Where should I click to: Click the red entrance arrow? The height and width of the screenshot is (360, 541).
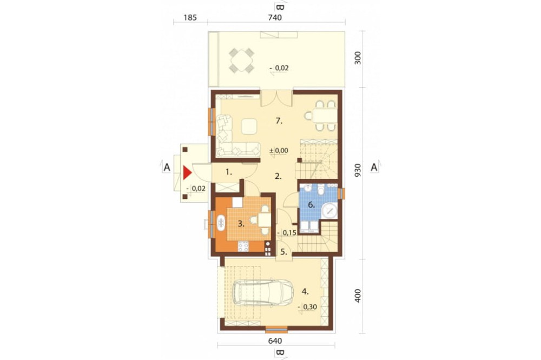click(187, 173)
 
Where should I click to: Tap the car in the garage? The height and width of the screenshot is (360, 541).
click(262, 292)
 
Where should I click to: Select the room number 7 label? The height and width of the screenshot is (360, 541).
click(279, 121)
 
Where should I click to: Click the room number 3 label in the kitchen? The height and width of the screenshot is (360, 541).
click(241, 224)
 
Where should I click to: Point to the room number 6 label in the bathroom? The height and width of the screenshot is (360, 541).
click(311, 205)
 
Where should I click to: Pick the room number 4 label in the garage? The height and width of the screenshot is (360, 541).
click(305, 291)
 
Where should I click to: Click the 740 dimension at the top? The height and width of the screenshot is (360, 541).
click(275, 17)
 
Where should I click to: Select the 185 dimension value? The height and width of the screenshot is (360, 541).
click(190, 17)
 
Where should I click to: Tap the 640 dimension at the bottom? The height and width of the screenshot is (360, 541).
click(275, 341)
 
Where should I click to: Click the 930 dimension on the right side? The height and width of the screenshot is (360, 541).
click(358, 171)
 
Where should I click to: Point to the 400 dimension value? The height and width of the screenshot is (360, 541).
click(358, 296)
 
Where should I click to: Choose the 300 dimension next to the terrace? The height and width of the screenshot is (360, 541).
click(358, 58)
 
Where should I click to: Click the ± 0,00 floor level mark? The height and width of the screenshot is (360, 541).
click(279, 151)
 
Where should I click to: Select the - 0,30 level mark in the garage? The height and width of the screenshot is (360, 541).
click(307, 306)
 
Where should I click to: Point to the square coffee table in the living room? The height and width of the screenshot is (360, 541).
click(249, 126)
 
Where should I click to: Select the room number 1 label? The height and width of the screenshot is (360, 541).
click(229, 171)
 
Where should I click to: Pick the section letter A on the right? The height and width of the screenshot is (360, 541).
click(374, 168)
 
